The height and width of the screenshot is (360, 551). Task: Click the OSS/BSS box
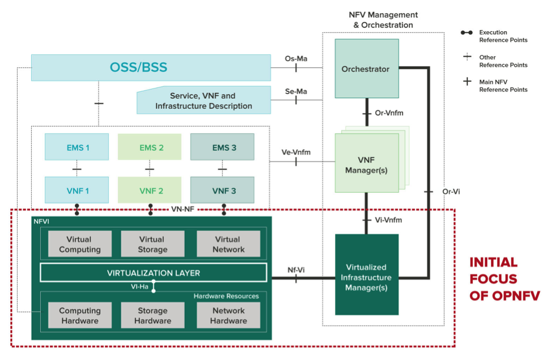(150, 68)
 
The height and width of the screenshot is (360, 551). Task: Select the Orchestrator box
(366, 69)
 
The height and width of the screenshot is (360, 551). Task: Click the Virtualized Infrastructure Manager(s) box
(366, 277)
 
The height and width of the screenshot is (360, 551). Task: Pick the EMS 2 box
(150, 148)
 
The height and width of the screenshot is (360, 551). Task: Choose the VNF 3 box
(222, 190)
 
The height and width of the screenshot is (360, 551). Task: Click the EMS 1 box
(77, 148)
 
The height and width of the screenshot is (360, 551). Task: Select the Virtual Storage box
(152, 244)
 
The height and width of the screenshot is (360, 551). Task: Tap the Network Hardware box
(228, 316)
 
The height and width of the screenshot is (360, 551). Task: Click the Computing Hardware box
(79, 316)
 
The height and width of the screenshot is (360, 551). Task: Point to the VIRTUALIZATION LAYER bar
(153, 273)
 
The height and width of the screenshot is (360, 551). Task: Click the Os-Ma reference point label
(295, 58)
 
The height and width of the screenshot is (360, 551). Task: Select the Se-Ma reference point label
(295, 90)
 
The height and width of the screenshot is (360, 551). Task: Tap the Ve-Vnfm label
(296, 152)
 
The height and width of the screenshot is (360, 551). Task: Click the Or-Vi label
(451, 192)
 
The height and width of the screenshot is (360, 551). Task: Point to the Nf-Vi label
(295, 269)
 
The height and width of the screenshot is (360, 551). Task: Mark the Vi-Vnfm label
(388, 219)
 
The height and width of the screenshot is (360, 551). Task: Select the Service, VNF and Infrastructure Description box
(204, 101)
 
